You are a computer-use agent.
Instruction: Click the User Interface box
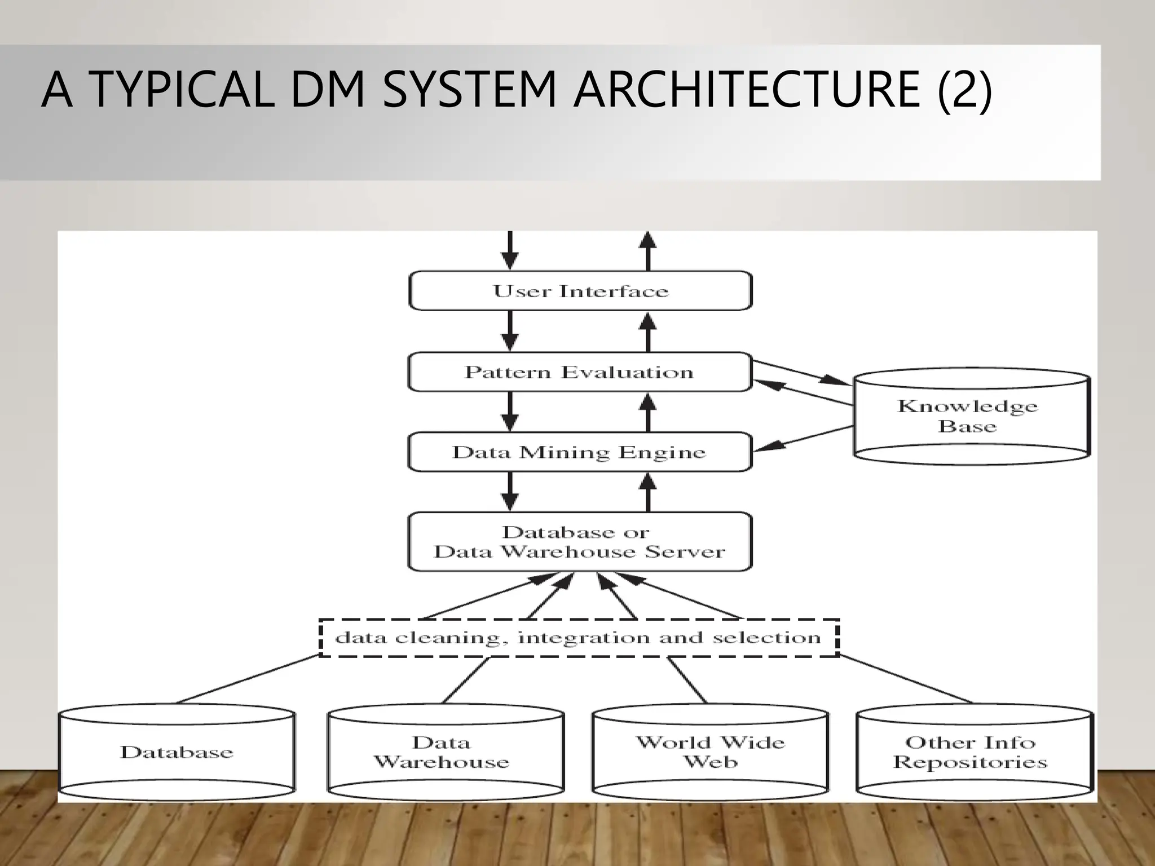pos(580,291)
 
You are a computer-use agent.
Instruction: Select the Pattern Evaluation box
pos(580,372)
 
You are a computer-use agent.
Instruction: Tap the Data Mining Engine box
pos(580,452)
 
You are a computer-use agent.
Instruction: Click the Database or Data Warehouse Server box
pos(580,542)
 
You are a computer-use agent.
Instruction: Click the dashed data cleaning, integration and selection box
pos(579,638)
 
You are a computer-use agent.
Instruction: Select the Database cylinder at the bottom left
pos(177,752)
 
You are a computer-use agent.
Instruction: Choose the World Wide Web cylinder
pos(710,752)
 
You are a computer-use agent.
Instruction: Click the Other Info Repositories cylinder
pos(973,752)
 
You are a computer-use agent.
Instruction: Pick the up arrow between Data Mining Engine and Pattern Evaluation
pos(648,412)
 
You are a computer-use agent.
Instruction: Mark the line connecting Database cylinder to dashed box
pos(248,679)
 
